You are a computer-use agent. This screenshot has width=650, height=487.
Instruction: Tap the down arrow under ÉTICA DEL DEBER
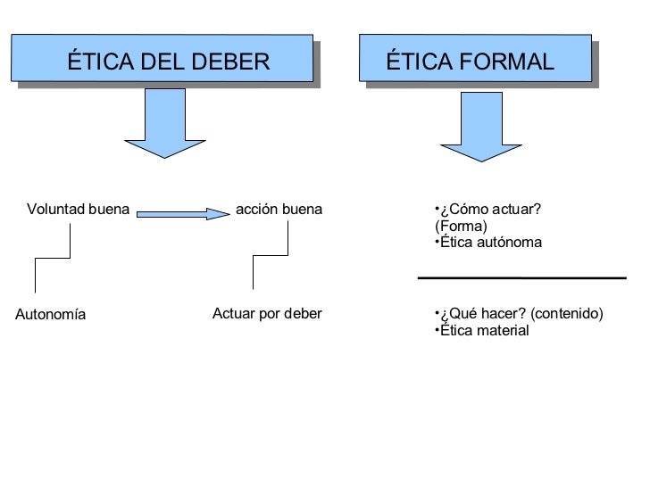point(164,124)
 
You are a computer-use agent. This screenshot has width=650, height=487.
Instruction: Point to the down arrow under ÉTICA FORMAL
point(480,126)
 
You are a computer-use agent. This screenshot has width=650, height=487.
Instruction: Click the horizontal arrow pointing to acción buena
point(183,214)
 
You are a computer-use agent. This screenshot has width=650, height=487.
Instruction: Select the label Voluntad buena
point(79,210)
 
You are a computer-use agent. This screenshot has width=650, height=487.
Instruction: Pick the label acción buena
point(279,210)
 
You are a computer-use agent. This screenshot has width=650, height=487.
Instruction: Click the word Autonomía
point(51,315)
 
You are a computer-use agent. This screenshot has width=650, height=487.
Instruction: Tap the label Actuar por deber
point(267,314)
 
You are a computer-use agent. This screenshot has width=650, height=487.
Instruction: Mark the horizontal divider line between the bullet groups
point(521,278)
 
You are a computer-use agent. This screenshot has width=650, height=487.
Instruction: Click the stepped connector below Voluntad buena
point(53,259)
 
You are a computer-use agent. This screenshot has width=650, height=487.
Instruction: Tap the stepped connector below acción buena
point(271,257)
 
